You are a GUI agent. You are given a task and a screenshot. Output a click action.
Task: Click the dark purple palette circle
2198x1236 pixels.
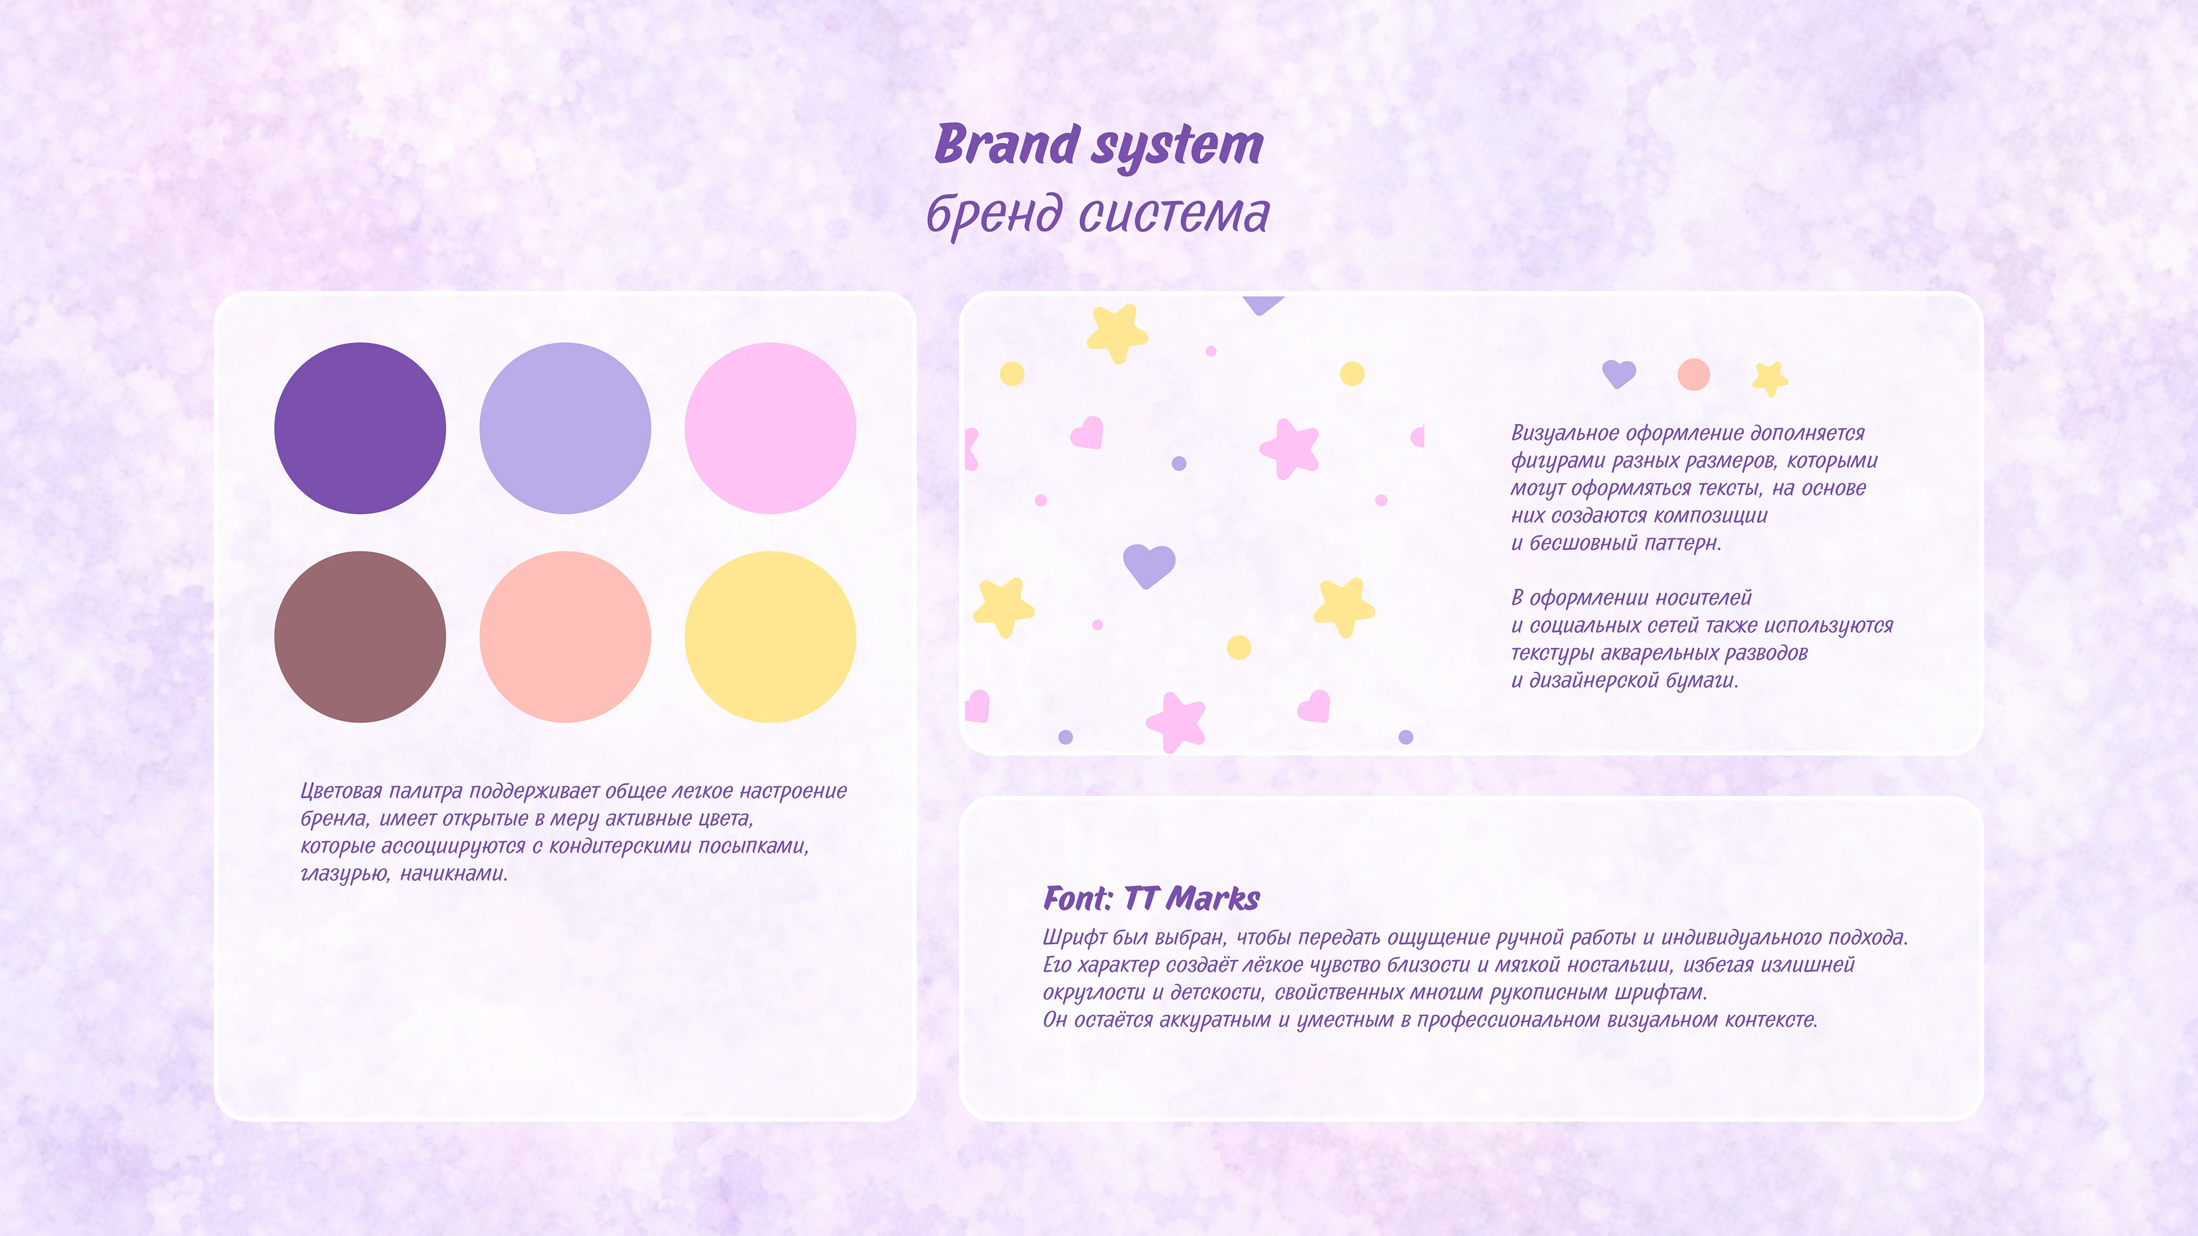(359, 428)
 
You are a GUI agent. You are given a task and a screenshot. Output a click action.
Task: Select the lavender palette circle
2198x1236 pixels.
(565, 428)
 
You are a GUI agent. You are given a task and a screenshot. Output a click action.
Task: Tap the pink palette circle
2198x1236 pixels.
(770, 428)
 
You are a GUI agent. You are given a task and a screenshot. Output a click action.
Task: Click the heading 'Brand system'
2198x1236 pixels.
(1098, 145)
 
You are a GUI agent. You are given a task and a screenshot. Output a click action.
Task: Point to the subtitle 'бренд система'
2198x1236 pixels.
(1098, 213)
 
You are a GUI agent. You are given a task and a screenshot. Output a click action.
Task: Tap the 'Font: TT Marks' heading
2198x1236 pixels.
(1151, 898)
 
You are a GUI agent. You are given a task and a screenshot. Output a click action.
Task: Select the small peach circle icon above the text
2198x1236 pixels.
(1694, 374)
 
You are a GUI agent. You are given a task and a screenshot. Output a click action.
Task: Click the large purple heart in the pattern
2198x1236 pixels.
(1148, 564)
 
